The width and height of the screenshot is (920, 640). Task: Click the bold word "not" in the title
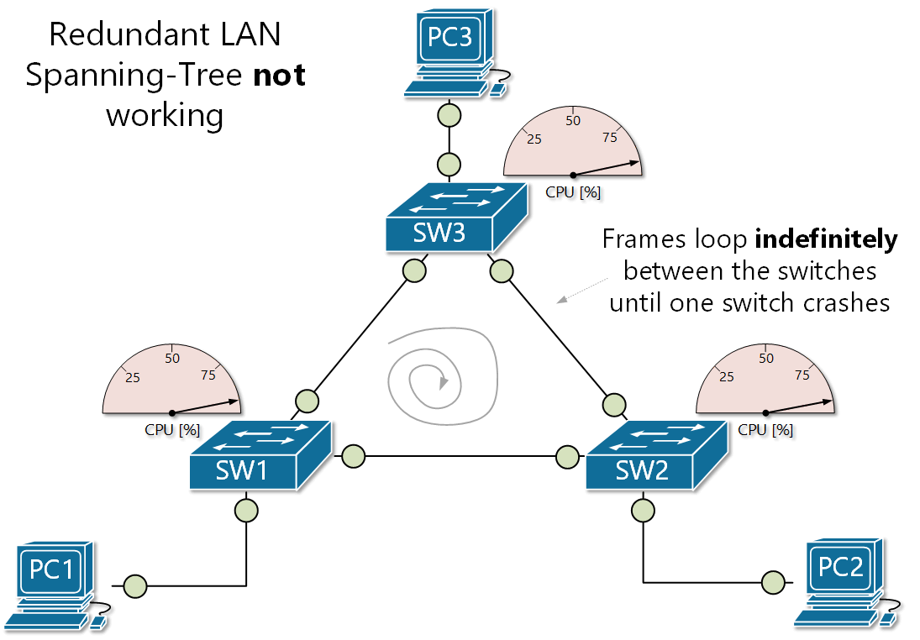pyautogui.click(x=280, y=75)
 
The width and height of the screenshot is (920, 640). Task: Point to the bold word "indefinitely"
pyautogui.click(x=826, y=239)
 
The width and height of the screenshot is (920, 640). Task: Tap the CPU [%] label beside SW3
pyautogui.click(x=573, y=191)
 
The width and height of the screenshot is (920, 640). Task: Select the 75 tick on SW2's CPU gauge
pyautogui.click(x=802, y=375)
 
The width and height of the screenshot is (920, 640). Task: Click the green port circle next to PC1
pyautogui.click(x=134, y=585)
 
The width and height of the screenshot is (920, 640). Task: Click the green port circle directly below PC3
pyautogui.click(x=449, y=114)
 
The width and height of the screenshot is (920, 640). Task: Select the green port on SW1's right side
pyautogui.click(x=353, y=456)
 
